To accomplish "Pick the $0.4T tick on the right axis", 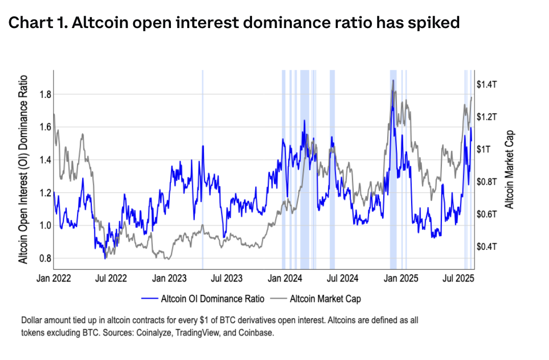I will coord(486,247).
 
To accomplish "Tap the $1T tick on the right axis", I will coord(483,149).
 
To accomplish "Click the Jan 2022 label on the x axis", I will coord(54,278).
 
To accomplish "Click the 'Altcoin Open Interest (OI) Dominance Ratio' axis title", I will coord(23,170).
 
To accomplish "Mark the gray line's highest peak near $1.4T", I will coord(393,80).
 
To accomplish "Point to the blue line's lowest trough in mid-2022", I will coord(105,259).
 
